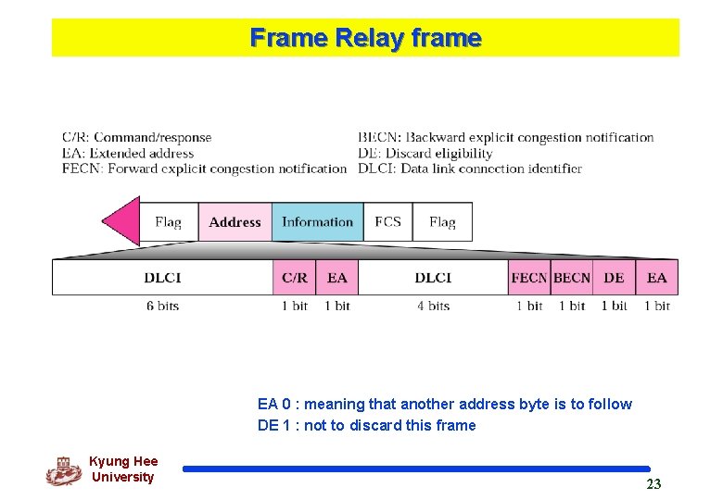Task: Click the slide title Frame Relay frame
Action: (x=365, y=38)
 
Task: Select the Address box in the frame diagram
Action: (x=235, y=222)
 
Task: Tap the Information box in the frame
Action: (x=317, y=222)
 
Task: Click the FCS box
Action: (x=387, y=222)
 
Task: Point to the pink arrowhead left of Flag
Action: (x=120, y=221)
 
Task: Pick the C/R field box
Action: (x=295, y=278)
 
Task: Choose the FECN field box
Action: (x=528, y=278)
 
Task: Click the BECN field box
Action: (x=571, y=278)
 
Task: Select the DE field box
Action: (x=614, y=278)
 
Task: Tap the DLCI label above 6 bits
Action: (x=162, y=278)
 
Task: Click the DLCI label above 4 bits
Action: (x=433, y=278)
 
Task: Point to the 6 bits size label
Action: (x=162, y=306)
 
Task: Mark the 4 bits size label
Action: (x=433, y=306)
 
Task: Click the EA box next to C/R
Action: (x=337, y=278)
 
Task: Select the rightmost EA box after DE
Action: (x=656, y=278)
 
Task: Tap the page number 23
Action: (x=653, y=484)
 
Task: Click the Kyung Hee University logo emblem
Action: (x=63, y=470)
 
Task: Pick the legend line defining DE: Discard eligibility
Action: (x=425, y=153)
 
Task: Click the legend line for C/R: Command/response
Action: (x=137, y=138)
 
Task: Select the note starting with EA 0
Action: (x=445, y=404)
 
